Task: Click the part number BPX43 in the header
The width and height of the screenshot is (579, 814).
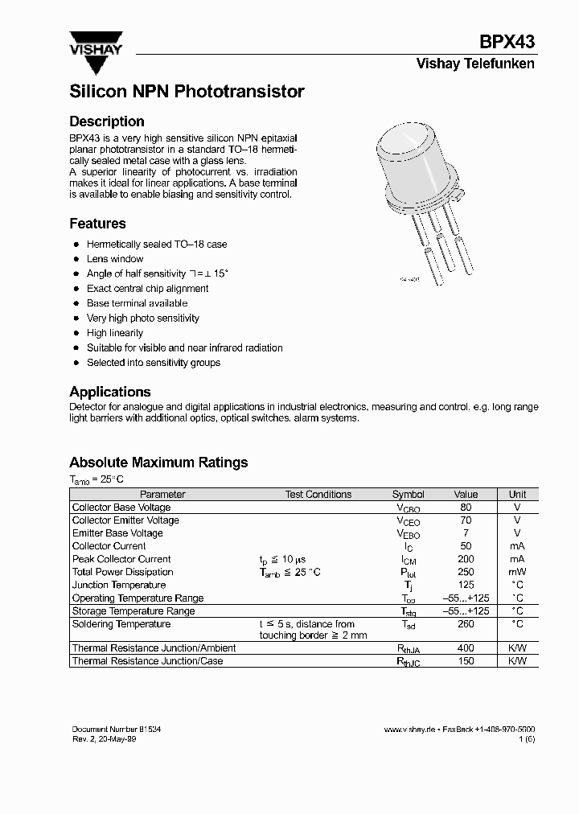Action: pos(507,43)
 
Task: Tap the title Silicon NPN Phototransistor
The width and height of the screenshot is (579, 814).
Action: pos(187,92)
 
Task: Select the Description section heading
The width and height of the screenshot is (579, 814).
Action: pos(107,121)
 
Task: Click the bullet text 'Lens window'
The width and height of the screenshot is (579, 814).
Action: pos(115,259)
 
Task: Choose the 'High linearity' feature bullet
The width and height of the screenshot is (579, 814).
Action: pos(115,333)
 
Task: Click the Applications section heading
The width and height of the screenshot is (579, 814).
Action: pos(110,392)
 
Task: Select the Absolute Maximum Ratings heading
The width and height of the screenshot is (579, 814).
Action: pos(158,462)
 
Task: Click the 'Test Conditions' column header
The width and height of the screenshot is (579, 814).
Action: pos(318,495)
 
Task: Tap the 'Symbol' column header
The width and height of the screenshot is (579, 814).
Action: pos(408,495)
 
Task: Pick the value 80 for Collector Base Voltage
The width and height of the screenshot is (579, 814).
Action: pos(466,508)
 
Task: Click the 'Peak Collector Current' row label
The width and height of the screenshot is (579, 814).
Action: pos(121,559)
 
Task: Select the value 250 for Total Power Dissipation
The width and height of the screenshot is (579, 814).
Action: pos(466,572)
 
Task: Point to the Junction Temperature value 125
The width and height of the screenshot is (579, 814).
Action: pos(466,585)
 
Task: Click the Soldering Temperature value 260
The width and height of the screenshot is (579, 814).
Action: pos(466,624)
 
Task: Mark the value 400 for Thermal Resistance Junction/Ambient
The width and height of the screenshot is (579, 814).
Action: pos(466,648)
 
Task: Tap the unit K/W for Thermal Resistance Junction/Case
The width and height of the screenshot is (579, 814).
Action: pos(517,661)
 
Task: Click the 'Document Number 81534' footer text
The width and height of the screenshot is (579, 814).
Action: pos(116,729)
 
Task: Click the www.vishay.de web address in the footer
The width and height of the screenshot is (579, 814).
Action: pos(409,730)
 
